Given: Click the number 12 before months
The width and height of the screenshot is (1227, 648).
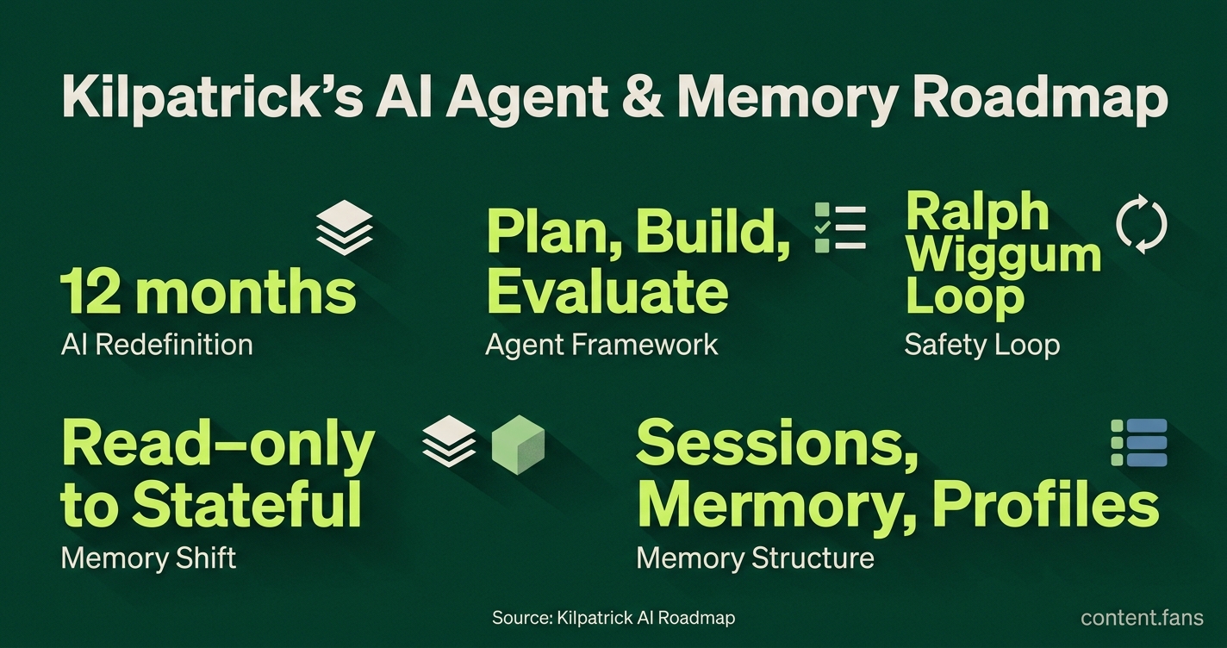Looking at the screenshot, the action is click(x=90, y=292).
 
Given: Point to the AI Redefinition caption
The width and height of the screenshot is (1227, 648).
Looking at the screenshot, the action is click(x=157, y=345).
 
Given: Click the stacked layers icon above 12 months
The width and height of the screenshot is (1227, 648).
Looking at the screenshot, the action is click(x=345, y=227).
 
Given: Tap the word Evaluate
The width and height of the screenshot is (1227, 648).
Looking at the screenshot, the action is click(x=607, y=290).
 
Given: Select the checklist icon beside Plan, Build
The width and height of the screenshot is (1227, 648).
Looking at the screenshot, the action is click(x=840, y=227).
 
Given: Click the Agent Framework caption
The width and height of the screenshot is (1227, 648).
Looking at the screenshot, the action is click(x=601, y=346).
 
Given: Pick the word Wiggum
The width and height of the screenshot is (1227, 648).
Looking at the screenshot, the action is click(x=1004, y=255).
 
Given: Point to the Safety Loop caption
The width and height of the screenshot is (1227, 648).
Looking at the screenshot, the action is click(x=982, y=346).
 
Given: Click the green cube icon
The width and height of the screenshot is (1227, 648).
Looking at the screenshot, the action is click(x=518, y=445).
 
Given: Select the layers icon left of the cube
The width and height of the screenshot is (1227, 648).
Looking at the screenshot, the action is click(x=450, y=441).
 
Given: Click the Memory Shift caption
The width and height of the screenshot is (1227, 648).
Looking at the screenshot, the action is click(x=148, y=558).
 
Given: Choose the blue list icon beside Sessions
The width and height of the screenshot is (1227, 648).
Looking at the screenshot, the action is click(x=1139, y=443).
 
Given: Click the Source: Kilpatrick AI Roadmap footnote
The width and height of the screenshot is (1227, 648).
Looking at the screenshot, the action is click(x=613, y=618).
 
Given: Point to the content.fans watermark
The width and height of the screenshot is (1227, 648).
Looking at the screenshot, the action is click(x=1142, y=618).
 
